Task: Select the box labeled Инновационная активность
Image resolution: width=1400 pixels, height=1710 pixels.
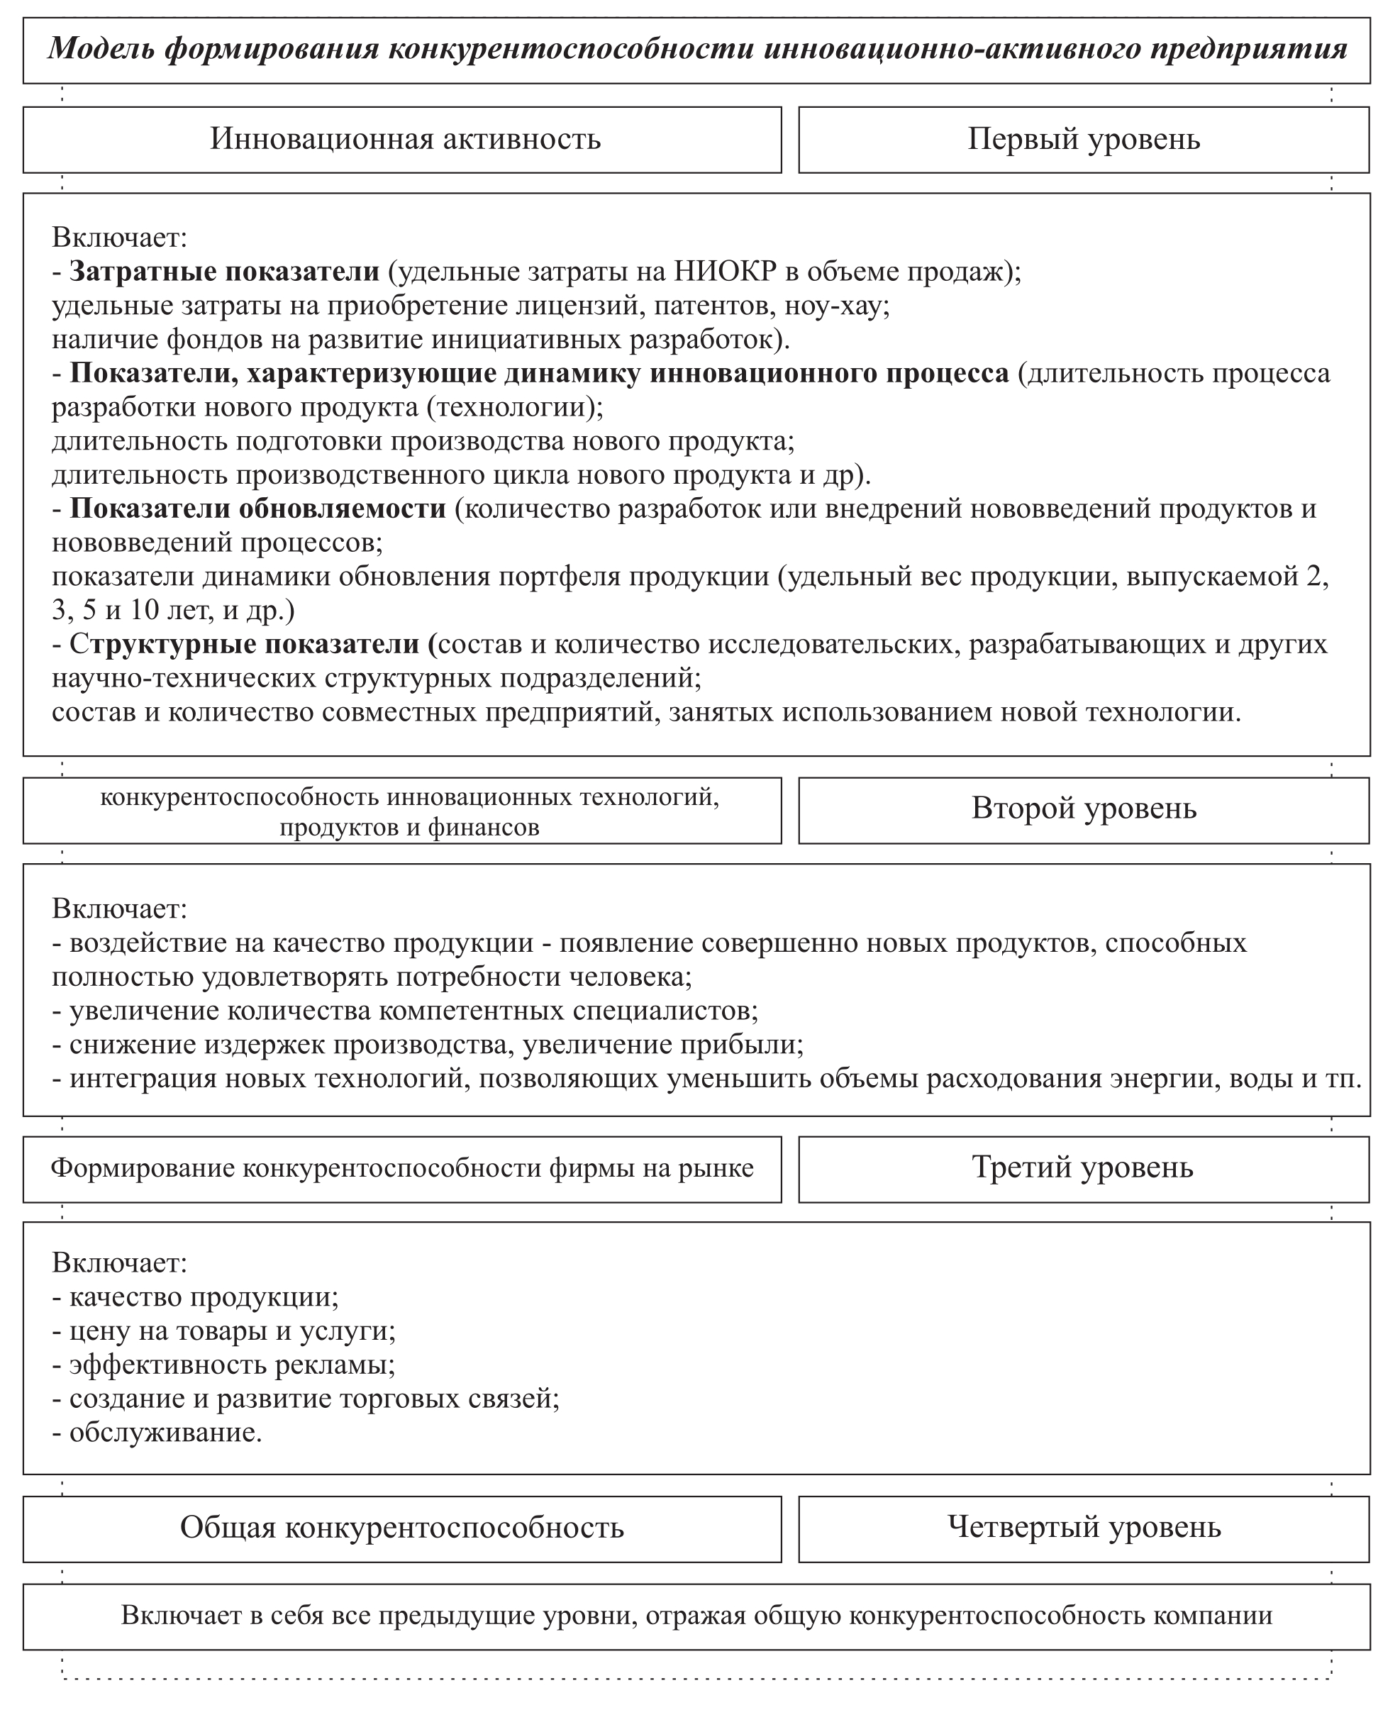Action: click(x=405, y=140)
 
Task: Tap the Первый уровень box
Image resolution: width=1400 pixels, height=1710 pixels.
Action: click(x=1083, y=140)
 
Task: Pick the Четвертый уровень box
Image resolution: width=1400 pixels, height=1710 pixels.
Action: click(x=1083, y=1527)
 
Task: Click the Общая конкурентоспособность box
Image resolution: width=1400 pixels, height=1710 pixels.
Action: click(x=401, y=1528)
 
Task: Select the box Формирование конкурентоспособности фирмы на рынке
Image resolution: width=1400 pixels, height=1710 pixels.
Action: click(x=401, y=1168)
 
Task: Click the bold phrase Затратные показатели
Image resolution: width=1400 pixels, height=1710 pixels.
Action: click(x=224, y=272)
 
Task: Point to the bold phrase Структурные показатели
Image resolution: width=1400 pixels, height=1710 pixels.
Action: click(x=252, y=644)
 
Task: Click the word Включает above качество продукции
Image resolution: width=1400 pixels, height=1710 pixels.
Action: click(x=119, y=1262)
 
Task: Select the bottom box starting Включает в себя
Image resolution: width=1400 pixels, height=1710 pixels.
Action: click(x=696, y=1616)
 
